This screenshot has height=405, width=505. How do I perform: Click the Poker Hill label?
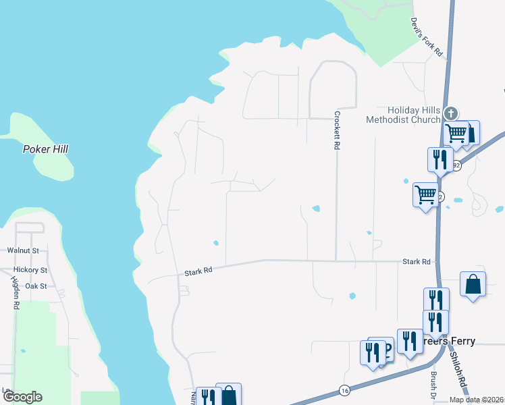tap(46, 149)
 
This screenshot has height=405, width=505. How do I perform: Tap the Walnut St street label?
tap(23, 250)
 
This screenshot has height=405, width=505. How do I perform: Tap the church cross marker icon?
tap(452, 113)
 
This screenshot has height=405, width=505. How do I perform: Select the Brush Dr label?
tap(432, 385)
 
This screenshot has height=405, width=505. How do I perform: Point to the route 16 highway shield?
tap(345, 390)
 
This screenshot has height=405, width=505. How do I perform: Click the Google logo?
tap(22, 397)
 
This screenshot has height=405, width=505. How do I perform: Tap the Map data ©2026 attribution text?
tap(475, 400)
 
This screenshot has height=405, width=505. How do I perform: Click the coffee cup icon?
tap(385, 348)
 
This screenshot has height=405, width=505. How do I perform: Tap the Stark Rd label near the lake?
tap(198, 271)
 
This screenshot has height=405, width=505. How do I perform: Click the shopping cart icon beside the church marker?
tap(456, 132)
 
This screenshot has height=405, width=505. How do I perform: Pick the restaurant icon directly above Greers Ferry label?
tap(435, 321)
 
